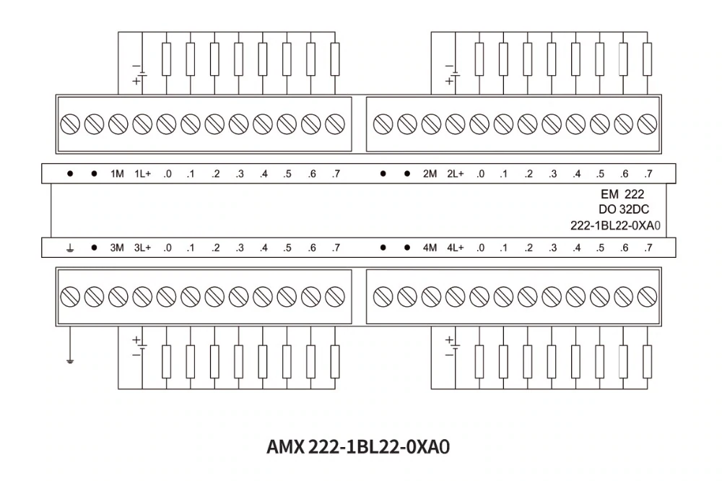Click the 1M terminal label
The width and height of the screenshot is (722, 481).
coord(118,174)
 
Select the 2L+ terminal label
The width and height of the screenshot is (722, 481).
coord(455,174)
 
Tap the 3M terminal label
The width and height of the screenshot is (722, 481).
coord(118,248)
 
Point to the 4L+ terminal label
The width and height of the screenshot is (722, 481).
coord(455,248)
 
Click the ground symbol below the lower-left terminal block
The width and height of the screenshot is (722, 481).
coord(70,359)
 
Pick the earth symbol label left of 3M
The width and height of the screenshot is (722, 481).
coord(70,248)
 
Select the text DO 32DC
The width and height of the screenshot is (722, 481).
coord(618,209)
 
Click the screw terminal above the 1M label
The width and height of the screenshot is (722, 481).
coord(118,123)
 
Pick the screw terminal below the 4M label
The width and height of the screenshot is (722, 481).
coord(430,296)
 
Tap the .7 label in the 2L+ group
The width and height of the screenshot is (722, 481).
coord(648,174)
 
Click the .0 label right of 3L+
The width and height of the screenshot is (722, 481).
coord(167,248)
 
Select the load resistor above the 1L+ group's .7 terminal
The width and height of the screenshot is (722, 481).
coord(335,59)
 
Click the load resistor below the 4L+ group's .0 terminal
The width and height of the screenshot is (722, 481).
coord(479,361)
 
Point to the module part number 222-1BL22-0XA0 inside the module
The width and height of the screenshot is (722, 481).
coord(615,225)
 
